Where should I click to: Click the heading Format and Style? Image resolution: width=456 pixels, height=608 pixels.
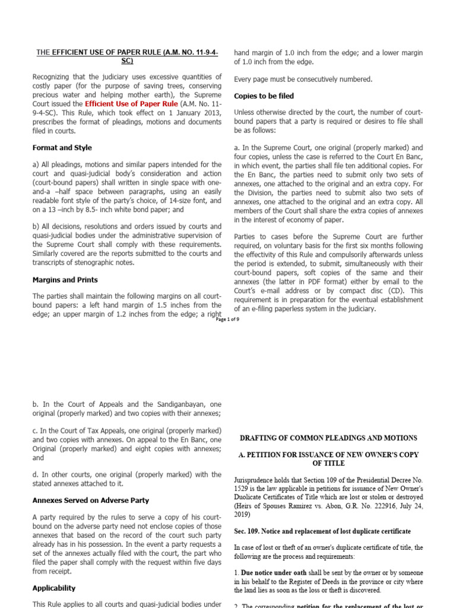click(x=62, y=147)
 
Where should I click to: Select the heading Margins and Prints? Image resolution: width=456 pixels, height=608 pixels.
click(x=65, y=279)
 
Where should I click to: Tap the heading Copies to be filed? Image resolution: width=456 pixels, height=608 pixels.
click(x=264, y=96)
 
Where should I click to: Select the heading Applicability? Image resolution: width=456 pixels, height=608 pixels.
click(x=54, y=588)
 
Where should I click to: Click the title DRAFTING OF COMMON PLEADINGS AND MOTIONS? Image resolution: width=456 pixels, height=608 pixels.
click(x=328, y=438)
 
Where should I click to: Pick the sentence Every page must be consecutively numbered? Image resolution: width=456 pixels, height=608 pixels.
click(x=303, y=79)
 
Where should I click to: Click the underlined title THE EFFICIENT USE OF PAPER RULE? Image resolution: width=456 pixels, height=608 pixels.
click(x=127, y=56)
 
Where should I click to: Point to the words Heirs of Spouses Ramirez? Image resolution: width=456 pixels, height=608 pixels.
click(x=274, y=506)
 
